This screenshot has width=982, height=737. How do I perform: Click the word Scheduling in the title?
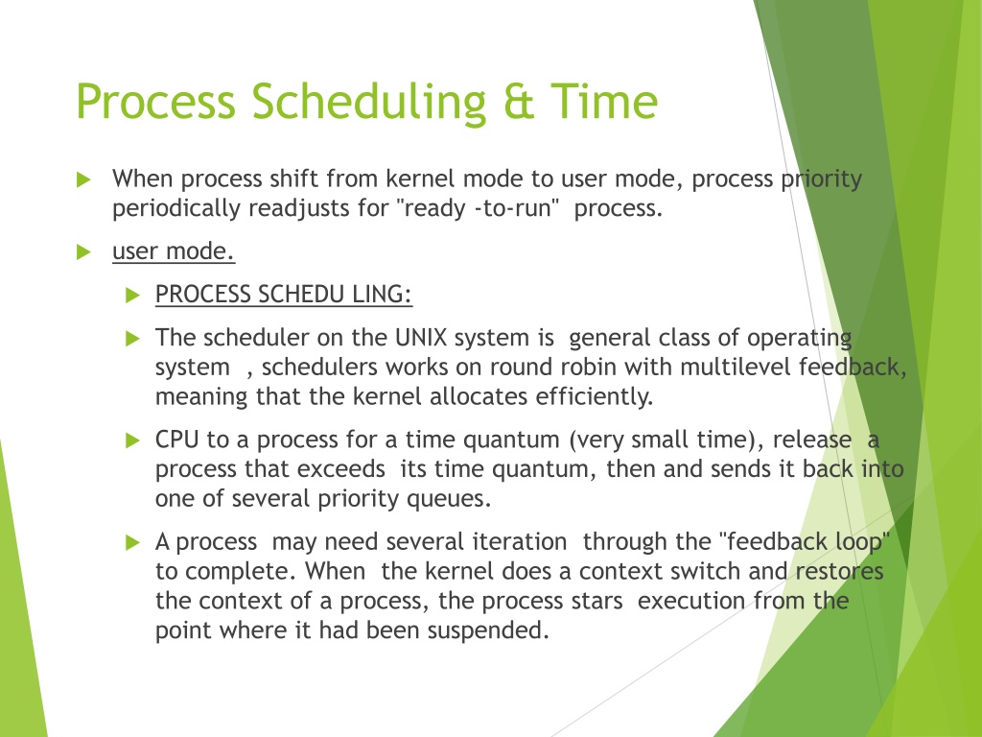pos(369,103)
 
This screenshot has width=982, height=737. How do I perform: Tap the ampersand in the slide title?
pos(519,102)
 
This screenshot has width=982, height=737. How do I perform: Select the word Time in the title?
pos(604,102)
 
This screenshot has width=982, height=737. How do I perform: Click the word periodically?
pos(176,209)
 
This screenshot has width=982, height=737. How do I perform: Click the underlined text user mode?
pos(174,251)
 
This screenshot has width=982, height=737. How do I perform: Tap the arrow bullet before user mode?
pos(83,252)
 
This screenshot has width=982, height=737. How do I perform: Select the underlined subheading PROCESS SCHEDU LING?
pos(284,295)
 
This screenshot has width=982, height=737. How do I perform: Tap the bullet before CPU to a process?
pos(132,440)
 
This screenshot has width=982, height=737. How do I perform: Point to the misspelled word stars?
pos(596,601)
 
